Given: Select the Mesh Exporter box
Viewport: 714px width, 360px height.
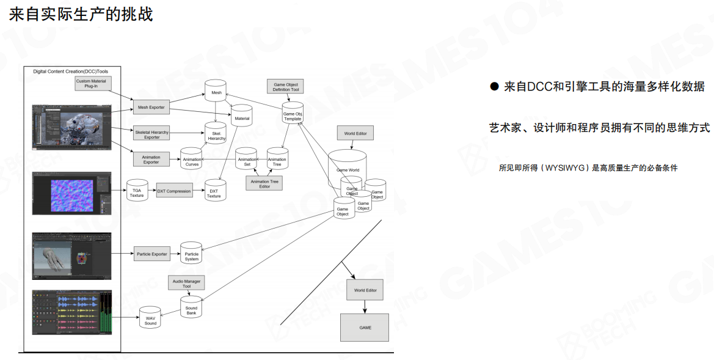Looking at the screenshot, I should pyautogui.click(x=151, y=108).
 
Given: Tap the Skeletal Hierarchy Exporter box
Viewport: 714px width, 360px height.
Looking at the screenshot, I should pyautogui.click(x=151, y=133).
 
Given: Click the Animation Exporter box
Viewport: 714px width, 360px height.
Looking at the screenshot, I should pyautogui.click(x=151, y=160).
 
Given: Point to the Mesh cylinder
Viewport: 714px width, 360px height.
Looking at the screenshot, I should pyautogui.click(x=216, y=92).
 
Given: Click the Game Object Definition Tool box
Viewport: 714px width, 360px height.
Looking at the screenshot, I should pyautogui.click(x=286, y=87).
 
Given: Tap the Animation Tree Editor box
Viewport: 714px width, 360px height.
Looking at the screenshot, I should pyautogui.click(x=264, y=183).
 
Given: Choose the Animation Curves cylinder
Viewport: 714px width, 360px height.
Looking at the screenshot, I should pyautogui.click(x=191, y=160).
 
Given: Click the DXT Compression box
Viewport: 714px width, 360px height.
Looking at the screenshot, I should pyautogui.click(x=175, y=191).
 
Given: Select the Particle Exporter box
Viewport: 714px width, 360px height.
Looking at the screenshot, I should pyautogui.click(x=151, y=254).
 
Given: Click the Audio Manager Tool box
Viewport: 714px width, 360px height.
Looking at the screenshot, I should pyautogui.click(x=186, y=284).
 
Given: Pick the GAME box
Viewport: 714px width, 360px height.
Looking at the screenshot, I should pyautogui.click(x=365, y=328).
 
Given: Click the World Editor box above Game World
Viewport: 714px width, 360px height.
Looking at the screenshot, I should pyautogui.click(x=355, y=133).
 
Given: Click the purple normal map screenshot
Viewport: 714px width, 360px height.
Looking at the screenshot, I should pyautogui.click(x=71, y=193).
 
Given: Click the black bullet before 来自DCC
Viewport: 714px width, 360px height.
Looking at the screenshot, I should pyautogui.click(x=494, y=87).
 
